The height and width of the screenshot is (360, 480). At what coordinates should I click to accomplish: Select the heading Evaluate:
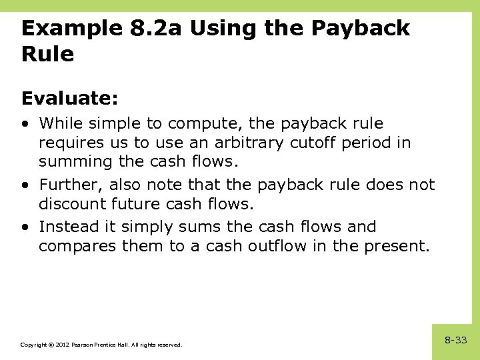(x=69, y=99)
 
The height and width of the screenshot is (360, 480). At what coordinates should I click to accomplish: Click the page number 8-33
(x=456, y=340)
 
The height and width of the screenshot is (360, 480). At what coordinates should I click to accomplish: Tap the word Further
(x=71, y=185)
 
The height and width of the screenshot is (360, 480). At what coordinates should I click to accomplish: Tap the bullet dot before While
(x=25, y=124)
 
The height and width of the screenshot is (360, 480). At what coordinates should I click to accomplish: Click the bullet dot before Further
(x=25, y=185)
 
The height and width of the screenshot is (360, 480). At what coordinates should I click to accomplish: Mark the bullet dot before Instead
(x=25, y=227)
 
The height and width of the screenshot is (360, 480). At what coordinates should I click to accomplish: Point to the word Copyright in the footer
(x=32, y=345)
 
